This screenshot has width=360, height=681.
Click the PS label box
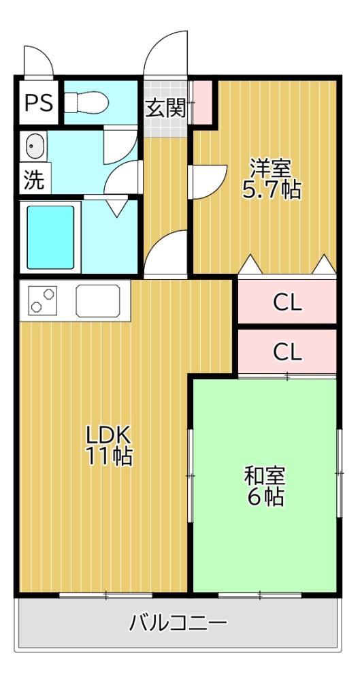tap(38, 103)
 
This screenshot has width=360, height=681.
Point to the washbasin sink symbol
tap(35, 146)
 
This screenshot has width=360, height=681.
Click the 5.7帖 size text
tap(272, 189)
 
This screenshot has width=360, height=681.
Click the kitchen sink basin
tap(101, 300)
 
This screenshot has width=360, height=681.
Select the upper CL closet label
tap(287, 302)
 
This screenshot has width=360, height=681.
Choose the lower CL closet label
tap(287, 352)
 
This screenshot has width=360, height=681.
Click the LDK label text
tap(108, 434)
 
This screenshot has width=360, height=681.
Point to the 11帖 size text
tap(108, 456)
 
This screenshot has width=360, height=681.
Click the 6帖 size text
tap(265, 497)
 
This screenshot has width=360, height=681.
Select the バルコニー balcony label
tap(178, 622)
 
